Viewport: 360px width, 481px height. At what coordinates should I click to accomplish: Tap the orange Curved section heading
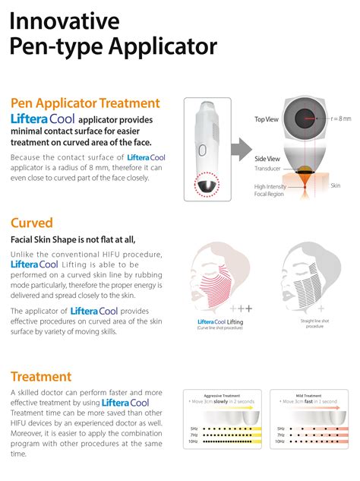pyautogui.click(x=31, y=223)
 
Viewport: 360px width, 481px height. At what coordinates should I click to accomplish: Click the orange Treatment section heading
pyautogui.click(x=41, y=376)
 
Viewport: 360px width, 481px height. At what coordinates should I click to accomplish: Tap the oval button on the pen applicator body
pyautogui.click(x=211, y=120)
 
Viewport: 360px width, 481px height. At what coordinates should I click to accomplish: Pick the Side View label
pyautogui.click(x=267, y=157)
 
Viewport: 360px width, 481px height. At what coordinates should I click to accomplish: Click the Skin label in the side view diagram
pyautogui.click(x=335, y=185)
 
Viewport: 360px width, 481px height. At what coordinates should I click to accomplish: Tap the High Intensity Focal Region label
pyautogui.click(x=270, y=189)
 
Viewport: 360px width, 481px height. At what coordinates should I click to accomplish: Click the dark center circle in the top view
pyautogui.click(x=306, y=119)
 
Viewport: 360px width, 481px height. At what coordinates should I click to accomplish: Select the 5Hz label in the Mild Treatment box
pyautogui.click(x=280, y=428)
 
